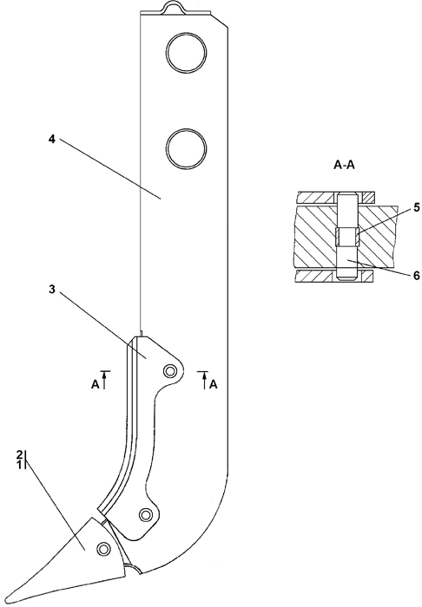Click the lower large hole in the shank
pyautogui.click(x=186, y=147)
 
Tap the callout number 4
pyautogui.click(x=52, y=140)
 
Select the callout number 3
pyautogui.click(x=52, y=289)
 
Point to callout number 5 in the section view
pyautogui.click(x=417, y=207)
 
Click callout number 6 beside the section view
pyautogui.click(x=417, y=276)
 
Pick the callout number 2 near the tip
pyautogui.click(x=19, y=454)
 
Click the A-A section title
pyautogui.click(x=344, y=166)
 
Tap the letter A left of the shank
pyautogui.click(x=95, y=385)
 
